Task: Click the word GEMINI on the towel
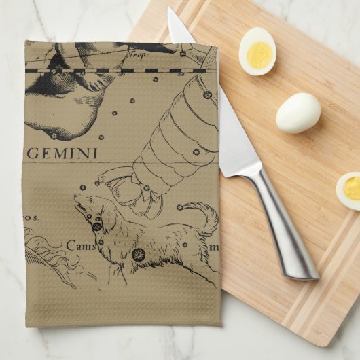click(62, 153)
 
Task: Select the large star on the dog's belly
click(139, 255)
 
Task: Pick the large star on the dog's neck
click(97, 226)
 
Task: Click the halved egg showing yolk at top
click(257, 51)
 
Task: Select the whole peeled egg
click(298, 113)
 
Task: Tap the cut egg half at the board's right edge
click(348, 190)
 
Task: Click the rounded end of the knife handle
click(308, 271)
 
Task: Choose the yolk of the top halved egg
click(259, 54)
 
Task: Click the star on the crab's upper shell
click(207, 95)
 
